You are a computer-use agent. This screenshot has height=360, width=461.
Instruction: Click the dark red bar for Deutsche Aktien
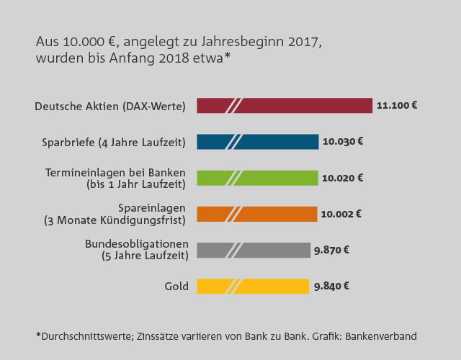(x=303, y=106)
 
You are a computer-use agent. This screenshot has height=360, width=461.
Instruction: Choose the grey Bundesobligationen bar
(x=274, y=250)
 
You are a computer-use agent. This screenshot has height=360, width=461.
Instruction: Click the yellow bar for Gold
(x=274, y=286)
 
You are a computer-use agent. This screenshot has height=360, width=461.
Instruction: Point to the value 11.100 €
(x=397, y=105)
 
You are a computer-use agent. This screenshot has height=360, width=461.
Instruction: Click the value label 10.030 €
(x=343, y=141)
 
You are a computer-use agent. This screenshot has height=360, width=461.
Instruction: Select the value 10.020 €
(x=343, y=177)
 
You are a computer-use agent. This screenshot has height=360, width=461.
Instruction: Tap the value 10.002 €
(x=341, y=213)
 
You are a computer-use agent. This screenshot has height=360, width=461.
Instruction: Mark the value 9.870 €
(x=332, y=250)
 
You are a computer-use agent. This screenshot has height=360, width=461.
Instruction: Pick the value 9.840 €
(x=332, y=286)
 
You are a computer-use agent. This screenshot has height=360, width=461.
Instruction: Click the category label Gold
(x=176, y=287)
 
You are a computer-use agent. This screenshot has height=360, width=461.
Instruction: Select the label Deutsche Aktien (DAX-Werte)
(x=110, y=107)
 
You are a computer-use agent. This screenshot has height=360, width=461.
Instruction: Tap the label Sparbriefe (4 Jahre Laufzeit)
(x=114, y=143)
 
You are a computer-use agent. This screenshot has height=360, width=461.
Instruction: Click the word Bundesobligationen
(x=137, y=243)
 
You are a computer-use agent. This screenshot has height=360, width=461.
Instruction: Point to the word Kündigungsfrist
(x=151, y=220)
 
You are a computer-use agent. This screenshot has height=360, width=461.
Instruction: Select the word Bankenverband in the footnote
(x=382, y=336)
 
